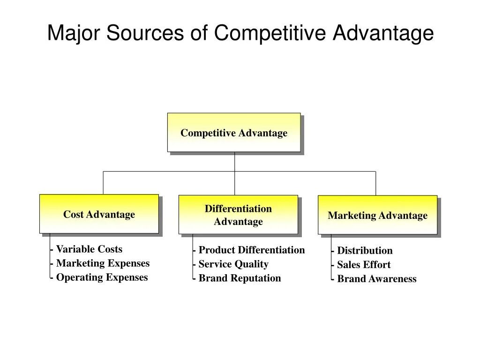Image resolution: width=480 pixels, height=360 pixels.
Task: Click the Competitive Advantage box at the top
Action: [234, 133]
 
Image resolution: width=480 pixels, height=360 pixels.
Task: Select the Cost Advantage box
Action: [99, 214]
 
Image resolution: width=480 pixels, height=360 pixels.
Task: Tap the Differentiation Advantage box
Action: [238, 215]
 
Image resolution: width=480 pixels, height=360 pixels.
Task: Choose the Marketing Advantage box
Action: [377, 215]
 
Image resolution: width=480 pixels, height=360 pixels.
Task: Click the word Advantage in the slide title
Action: [383, 34]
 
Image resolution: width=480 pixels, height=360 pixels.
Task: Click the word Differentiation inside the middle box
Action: [238, 209]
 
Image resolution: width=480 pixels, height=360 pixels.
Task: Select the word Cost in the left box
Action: [73, 214]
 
